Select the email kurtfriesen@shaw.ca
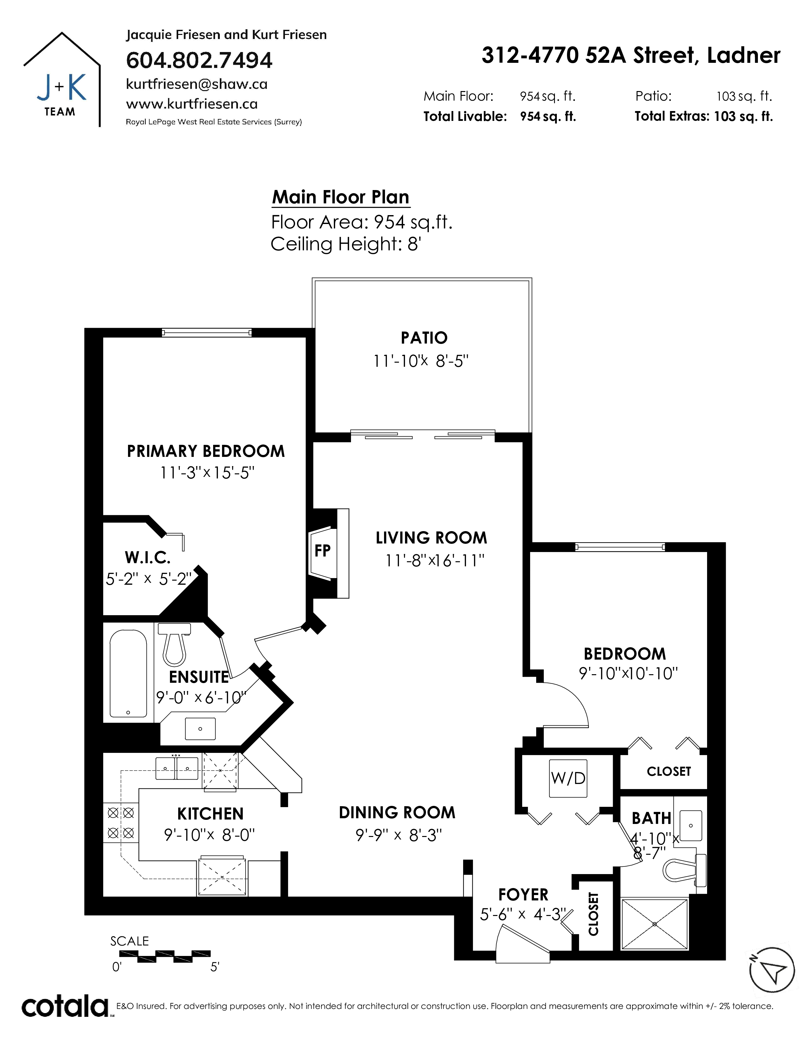coord(197,84)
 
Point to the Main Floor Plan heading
coord(341,197)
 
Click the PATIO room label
coord(424,338)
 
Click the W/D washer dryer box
coord(569,779)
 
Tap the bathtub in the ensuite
coord(128,674)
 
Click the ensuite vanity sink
coord(200,729)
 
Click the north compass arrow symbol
coord(772,970)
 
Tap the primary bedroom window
coord(206,333)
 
